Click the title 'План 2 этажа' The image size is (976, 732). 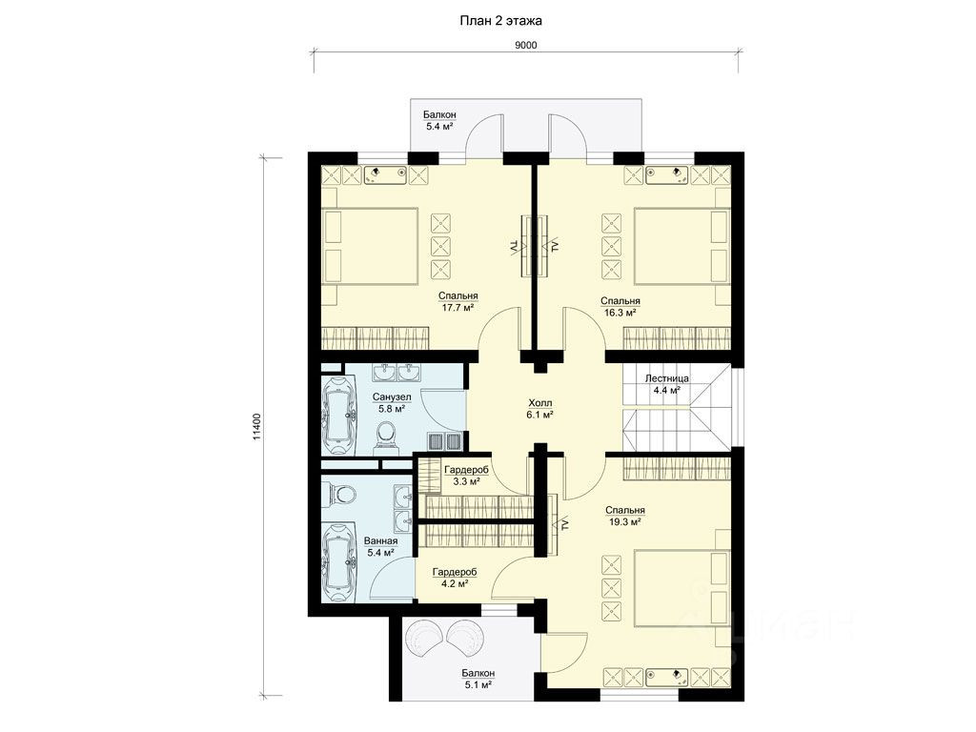500,21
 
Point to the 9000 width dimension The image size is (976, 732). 526,45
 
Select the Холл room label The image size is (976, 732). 540,403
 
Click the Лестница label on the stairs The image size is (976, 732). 666,378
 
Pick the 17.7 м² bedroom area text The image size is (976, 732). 457,307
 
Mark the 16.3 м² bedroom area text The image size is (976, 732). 620,312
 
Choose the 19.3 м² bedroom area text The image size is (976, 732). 625,521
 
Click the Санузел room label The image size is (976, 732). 392,397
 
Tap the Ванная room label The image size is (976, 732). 380,541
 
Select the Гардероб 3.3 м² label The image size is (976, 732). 466,476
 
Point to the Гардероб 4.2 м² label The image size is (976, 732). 455,578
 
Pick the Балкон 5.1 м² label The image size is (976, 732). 478,679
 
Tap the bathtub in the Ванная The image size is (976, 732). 338,562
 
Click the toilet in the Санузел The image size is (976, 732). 386,435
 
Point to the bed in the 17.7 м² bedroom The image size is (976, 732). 371,247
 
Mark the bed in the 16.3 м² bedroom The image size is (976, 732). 681,247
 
